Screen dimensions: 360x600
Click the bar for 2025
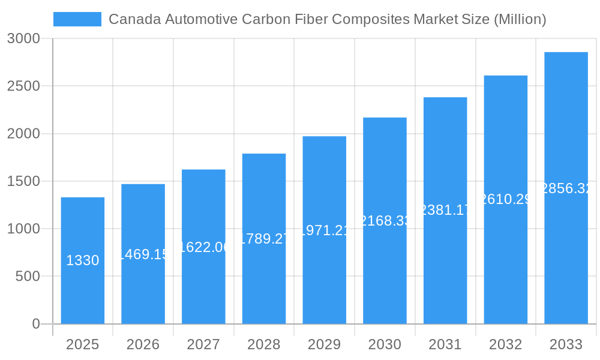pos(82,288)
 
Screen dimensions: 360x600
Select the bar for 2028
pos(264,282)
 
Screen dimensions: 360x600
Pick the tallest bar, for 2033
pos(566,252)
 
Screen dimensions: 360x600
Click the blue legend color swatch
pos(77,19)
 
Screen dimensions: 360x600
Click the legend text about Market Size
pos(327,19)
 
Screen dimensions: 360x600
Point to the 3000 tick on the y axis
pos(23,38)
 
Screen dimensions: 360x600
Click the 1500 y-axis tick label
pos(23,181)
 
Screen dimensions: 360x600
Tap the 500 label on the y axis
pos(27,277)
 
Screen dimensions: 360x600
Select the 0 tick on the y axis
pos(35,324)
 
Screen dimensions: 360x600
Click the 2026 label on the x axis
pos(143,344)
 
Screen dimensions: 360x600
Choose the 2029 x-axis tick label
pos(324,344)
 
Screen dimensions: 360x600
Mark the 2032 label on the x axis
pos(505,344)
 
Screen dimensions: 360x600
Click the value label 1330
pos(82,260)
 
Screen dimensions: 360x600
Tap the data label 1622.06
pos(203,247)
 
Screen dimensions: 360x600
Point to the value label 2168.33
pos(385,221)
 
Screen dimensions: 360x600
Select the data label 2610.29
pos(505,199)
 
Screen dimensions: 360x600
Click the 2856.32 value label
pos(566,188)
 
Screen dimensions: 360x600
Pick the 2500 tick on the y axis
pos(23,86)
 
